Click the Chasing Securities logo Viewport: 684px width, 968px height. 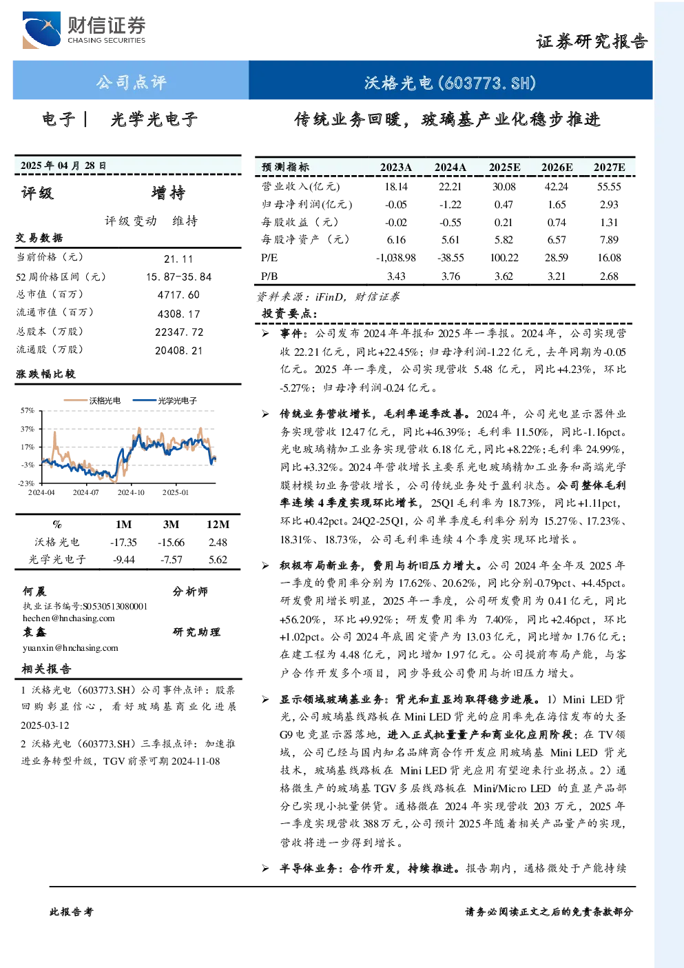[84, 30]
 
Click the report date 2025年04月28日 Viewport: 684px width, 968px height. [63, 165]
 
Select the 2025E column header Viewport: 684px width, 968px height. [504, 168]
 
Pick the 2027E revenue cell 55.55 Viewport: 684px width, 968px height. [609, 187]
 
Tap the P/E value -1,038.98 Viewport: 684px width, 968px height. [395, 258]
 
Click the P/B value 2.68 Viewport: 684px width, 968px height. [609, 276]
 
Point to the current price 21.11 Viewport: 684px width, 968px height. [178, 259]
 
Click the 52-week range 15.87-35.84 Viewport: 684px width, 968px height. [179, 277]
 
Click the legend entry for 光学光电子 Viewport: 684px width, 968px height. [165, 401]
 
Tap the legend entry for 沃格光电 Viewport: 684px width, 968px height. [92, 401]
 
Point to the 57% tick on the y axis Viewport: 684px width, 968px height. [27, 410]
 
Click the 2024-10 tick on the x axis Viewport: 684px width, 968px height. [131, 492]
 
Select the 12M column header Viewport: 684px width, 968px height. [218, 525]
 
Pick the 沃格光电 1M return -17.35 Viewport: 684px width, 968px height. [123, 543]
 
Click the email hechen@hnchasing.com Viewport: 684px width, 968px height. [69, 618]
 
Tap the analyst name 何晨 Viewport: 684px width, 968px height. [34, 591]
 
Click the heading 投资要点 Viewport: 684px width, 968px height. [289, 314]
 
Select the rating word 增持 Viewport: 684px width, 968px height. [168, 193]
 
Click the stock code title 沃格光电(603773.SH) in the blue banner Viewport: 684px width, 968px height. [450, 83]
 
